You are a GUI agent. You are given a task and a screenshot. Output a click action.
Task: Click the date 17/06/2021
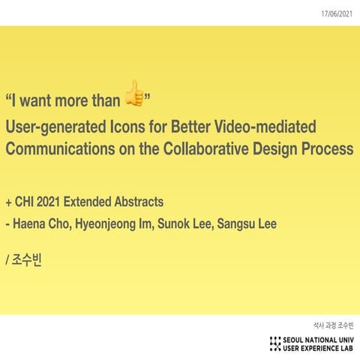point(337,13)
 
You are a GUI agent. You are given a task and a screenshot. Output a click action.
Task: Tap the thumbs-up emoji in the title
point(133,93)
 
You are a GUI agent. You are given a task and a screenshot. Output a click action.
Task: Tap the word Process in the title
point(325,148)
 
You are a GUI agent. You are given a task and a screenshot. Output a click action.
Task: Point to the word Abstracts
point(137,202)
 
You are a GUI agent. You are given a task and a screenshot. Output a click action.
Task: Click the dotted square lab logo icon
point(275,344)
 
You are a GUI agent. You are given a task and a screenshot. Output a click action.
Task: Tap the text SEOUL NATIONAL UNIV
point(319,340)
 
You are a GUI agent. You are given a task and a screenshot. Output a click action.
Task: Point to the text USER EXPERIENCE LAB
point(319,349)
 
